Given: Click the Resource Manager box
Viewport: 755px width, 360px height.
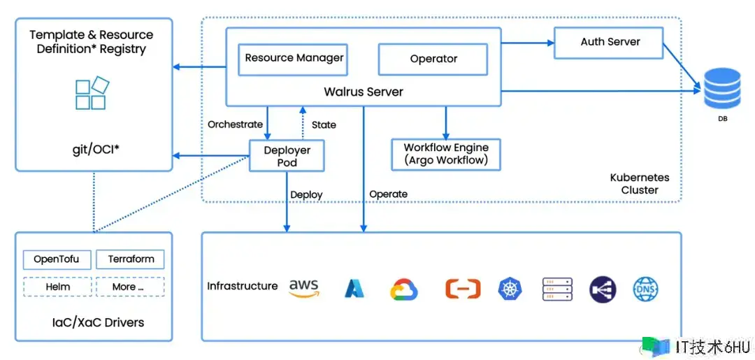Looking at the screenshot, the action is tap(293, 59).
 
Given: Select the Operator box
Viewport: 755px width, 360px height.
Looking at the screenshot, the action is tap(433, 59).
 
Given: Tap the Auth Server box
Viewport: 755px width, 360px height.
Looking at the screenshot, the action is tap(609, 43).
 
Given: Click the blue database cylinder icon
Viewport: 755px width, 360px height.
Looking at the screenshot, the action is tap(722, 89).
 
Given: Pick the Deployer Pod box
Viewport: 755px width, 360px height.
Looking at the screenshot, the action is tap(287, 155).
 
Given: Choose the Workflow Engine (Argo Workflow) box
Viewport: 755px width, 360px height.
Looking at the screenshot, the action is tap(446, 154).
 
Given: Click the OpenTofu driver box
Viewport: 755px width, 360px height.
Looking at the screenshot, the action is tap(57, 259).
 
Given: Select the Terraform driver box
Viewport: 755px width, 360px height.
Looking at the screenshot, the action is tap(130, 259).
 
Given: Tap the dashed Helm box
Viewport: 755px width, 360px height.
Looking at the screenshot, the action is tap(57, 287).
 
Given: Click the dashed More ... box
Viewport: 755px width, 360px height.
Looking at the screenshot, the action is tap(130, 287).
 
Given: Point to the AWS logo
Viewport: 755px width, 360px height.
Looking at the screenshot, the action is tap(304, 289).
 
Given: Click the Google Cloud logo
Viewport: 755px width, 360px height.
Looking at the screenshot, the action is tap(403, 289).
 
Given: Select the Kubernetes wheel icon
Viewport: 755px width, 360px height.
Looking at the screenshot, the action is tap(510, 289).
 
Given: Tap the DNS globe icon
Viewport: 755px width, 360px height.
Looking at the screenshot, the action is tap(645, 289).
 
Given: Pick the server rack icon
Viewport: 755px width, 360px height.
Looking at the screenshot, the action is tap(557, 289).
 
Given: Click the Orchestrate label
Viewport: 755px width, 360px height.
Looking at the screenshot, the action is tap(235, 124).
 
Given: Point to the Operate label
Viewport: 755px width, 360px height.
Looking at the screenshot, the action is tap(388, 194).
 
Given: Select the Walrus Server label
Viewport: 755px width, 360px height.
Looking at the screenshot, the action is tap(364, 92).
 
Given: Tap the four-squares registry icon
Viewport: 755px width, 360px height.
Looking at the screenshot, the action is tap(92, 93).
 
